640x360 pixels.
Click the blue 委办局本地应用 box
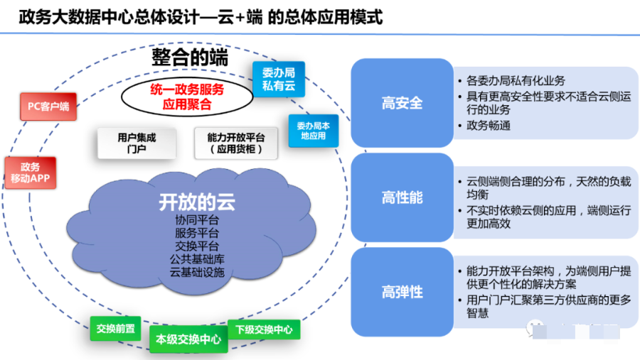click(312, 130)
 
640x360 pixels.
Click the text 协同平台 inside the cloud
click(196, 219)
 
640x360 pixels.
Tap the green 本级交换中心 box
click(189, 339)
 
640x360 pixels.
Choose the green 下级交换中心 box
click(264, 329)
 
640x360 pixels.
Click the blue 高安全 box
click(402, 103)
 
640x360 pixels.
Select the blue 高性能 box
click(402, 197)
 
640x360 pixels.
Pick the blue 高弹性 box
click(402, 292)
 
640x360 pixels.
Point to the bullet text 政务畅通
click(489, 126)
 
